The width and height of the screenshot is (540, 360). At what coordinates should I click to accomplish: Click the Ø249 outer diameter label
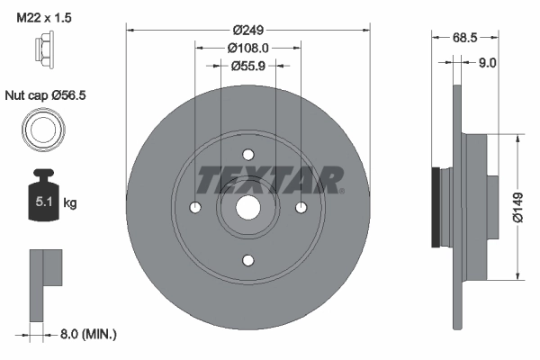pos(248,29)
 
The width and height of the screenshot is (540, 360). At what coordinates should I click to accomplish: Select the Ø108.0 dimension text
pos(248,47)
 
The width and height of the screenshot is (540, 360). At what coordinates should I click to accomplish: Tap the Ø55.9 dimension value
pos(248,65)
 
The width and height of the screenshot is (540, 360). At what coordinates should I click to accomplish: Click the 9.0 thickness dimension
pos(488,62)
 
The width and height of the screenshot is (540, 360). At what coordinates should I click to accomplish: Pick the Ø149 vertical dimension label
pos(518,206)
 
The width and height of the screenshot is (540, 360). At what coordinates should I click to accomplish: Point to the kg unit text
pos(70,203)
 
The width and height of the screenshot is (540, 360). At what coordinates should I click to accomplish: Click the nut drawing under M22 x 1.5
pos(43,52)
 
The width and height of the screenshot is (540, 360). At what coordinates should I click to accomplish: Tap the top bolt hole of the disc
pos(248,155)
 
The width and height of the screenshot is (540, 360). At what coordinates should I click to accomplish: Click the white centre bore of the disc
pos(248,208)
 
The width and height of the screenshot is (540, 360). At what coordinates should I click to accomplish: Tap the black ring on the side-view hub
pos(436,207)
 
